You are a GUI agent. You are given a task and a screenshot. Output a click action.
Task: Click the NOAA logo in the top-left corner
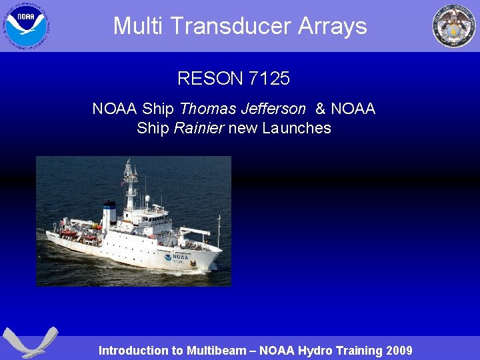(27, 25)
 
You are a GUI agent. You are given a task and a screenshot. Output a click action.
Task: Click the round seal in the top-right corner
(454, 25)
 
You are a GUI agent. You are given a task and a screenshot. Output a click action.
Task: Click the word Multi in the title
(134, 26)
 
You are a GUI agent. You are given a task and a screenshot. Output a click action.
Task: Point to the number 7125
(269, 79)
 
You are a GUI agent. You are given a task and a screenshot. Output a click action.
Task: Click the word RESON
(210, 79)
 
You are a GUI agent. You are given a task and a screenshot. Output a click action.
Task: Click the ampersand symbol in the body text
(320, 109)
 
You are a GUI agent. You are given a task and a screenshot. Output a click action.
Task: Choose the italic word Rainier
(199, 128)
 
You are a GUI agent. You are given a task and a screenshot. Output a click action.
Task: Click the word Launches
(297, 128)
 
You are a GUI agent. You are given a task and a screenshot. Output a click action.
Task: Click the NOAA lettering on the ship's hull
(181, 256)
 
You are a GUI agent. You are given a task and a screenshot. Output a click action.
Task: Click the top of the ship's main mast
(129, 162)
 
